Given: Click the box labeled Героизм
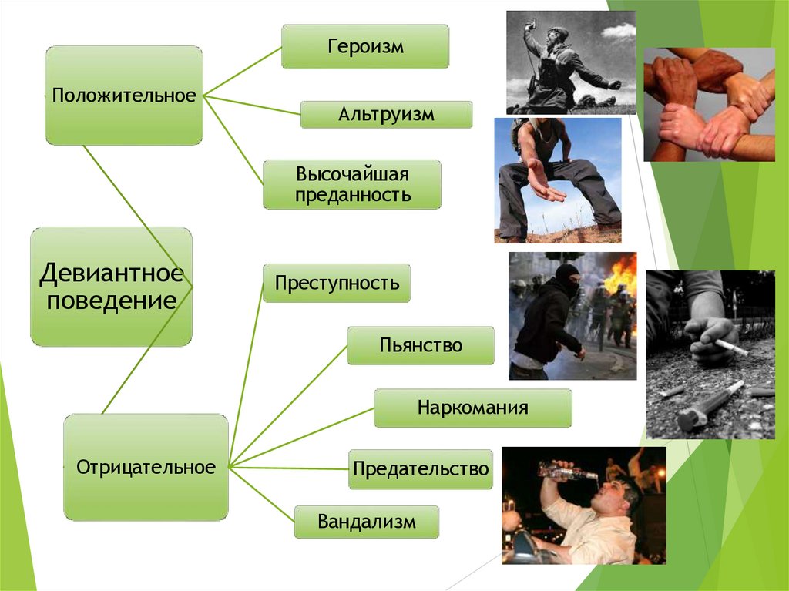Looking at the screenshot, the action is tap(364, 46).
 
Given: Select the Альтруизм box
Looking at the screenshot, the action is tap(386, 115).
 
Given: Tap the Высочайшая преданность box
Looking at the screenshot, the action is tap(352, 184).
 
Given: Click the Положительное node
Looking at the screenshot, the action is tap(124, 96).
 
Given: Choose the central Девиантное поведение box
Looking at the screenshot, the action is tap(111, 286).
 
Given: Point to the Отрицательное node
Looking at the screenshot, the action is tap(146, 467).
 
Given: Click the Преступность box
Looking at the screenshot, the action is tap(337, 283).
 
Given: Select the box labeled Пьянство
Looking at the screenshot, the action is tap(420, 345).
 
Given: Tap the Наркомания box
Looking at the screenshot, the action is tap(472, 408).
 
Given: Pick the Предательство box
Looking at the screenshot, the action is tap(420, 468).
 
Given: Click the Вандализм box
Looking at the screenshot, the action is tap(366, 522).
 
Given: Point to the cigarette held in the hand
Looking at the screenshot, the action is tap(730, 347).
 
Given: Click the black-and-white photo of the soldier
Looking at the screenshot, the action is tap(570, 62).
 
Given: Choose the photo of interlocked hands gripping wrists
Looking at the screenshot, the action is tap(709, 105).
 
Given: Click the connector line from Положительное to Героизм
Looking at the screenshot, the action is tap(242, 72).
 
